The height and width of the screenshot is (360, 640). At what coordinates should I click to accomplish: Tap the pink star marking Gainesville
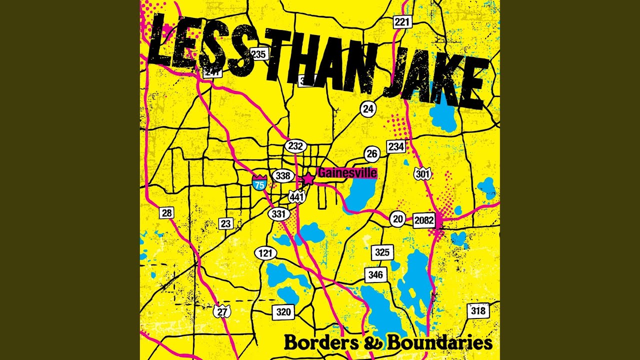pyautogui.click(x=308, y=178)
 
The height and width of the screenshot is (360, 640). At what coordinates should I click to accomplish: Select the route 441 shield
pyautogui.click(x=297, y=196)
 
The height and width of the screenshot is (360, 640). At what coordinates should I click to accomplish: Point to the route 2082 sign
pyautogui.click(x=423, y=220)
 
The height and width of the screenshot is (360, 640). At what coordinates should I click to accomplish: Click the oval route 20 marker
pyautogui.click(x=398, y=219)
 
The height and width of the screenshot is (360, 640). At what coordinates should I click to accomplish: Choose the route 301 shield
pyautogui.click(x=422, y=174)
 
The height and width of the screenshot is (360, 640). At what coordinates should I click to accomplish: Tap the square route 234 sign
pyautogui.click(x=396, y=146)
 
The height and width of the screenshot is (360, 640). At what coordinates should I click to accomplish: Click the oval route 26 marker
pyautogui.click(x=371, y=154)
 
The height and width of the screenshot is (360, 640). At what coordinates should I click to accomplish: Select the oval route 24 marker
pyautogui.click(x=368, y=108)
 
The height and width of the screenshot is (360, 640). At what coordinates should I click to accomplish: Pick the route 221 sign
pyautogui.click(x=402, y=21)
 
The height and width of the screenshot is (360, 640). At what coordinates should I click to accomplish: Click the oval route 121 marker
pyautogui.click(x=265, y=253)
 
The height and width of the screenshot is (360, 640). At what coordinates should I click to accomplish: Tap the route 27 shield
pyautogui.click(x=222, y=311)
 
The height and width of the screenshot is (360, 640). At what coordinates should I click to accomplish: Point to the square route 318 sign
pyautogui.click(x=478, y=310)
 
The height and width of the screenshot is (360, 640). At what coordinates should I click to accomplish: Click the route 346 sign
pyautogui.click(x=375, y=274)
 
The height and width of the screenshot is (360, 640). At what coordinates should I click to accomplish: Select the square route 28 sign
pyautogui.click(x=167, y=213)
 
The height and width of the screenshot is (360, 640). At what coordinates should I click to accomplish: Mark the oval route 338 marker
pyautogui.click(x=282, y=176)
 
